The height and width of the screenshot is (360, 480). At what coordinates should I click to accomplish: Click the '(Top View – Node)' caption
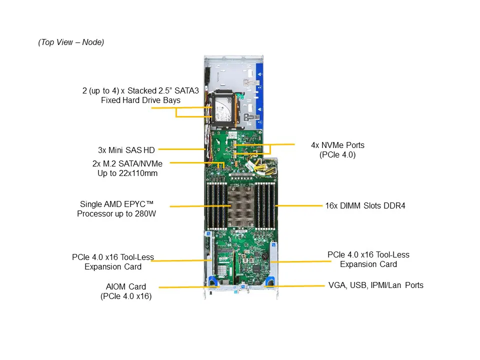coord(71,42)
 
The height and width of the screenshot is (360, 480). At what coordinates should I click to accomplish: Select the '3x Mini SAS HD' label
coord(126,149)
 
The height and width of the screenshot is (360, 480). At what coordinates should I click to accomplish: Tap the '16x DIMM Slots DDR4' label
coord(365,205)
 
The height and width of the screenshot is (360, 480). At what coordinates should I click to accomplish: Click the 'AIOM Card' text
coord(126,286)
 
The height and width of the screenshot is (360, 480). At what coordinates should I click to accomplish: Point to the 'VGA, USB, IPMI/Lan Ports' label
coord(375,285)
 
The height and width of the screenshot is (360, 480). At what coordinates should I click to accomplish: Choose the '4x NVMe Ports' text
coord(337,145)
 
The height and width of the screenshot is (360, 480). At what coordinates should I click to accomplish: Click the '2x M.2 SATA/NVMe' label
coord(127,163)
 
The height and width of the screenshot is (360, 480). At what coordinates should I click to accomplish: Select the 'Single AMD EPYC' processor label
coord(116,204)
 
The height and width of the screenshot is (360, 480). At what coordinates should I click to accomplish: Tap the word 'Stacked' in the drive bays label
coord(141,90)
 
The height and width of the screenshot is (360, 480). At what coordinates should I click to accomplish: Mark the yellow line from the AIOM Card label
coord(182,287)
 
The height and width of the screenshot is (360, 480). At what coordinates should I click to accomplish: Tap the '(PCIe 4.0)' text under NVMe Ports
coord(337,155)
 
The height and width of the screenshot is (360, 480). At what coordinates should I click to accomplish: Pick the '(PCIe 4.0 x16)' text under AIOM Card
coord(126,296)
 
